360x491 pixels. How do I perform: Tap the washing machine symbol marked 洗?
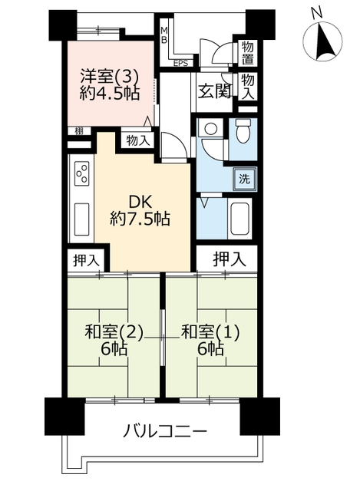pos(244,179)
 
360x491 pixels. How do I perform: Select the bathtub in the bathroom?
pos(239,218)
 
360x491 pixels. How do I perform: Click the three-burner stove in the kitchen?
pos(82,173)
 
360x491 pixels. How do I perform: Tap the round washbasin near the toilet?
pos(210,128)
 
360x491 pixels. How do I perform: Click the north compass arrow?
pos(323,43)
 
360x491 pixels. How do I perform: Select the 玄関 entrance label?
pos(215,92)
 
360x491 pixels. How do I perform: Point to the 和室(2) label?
pos(114,332)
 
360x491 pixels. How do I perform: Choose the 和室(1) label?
pos(210,332)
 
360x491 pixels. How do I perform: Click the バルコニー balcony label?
pos(165,431)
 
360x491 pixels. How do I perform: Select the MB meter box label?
pos(164,35)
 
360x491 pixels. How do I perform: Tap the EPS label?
pos(181,63)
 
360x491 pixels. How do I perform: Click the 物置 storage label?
pos(247,53)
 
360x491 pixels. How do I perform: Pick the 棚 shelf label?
pos(79,131)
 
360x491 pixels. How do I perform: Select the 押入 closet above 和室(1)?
pos(230,259)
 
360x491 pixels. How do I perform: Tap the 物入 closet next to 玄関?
pos(247,87)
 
